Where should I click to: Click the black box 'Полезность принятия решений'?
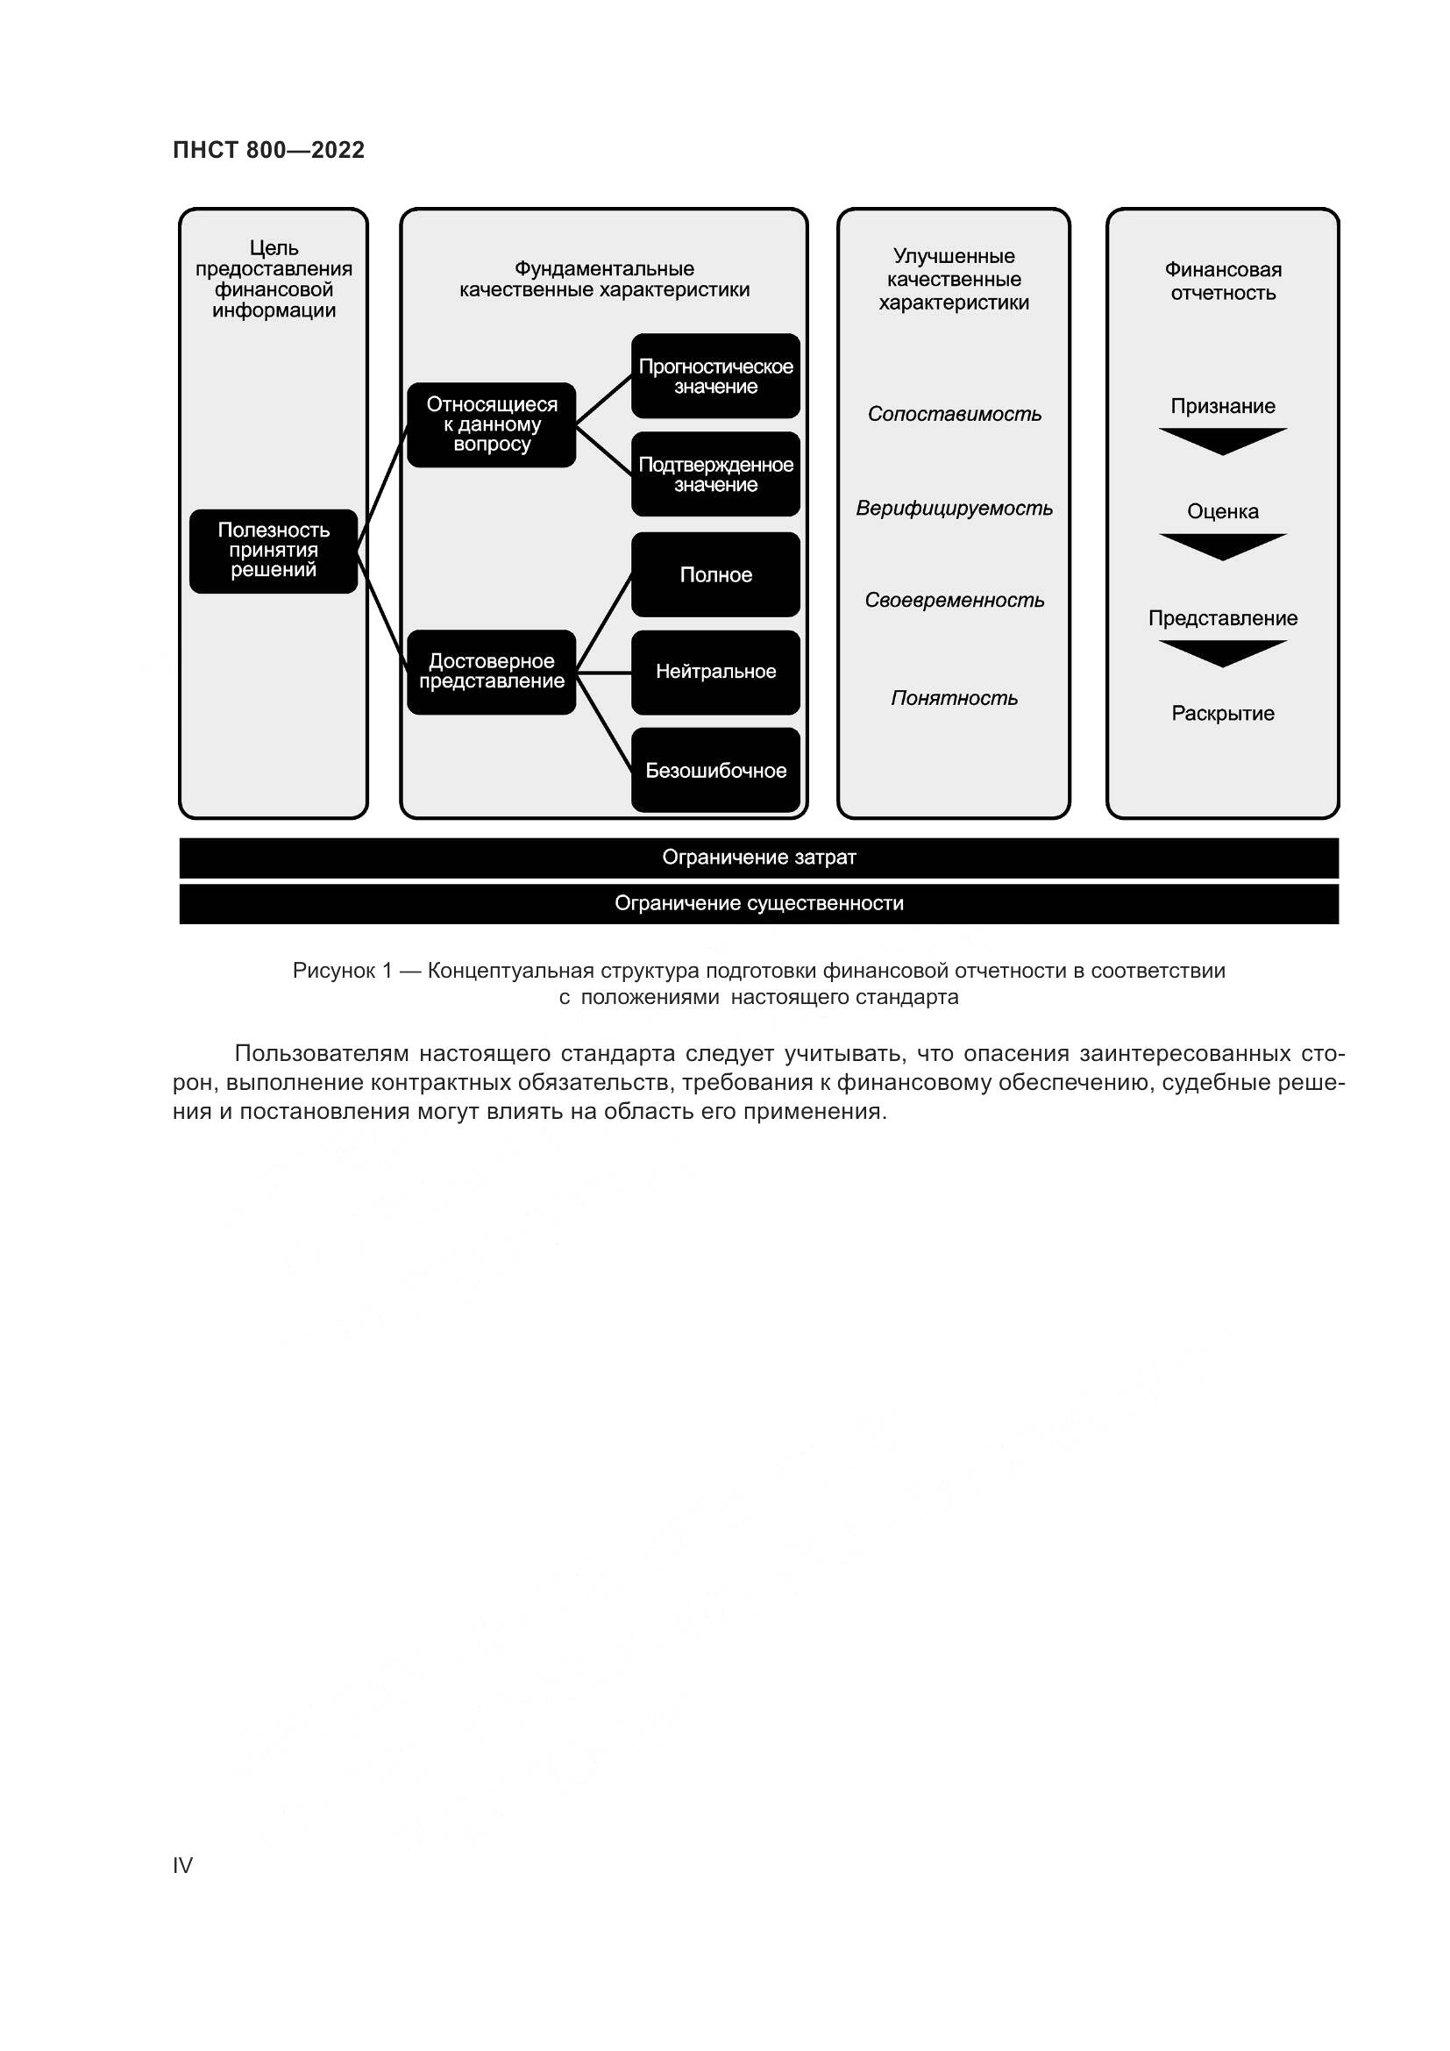click(x=274, y=552)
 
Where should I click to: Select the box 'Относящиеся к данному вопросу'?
click(x=491, y=424)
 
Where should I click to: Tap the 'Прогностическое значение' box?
click(x=715, y=376)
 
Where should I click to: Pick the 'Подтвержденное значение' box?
click(x=715, y=474)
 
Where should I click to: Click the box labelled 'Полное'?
click(x=715, y=574)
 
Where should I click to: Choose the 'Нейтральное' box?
click(x=715, y=672)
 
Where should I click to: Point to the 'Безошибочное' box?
click(x=715, y=770)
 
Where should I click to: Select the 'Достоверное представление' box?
click(x=491, y=672)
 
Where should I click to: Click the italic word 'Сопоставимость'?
click(x=954, y=415)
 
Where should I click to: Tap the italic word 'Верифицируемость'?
click(x=954, y=509)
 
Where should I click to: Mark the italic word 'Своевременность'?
click(x=954, y=601)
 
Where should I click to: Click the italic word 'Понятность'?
click(x=954, y=699)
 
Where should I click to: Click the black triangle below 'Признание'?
click(x=1222, y=440)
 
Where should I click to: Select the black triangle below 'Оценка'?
click(x=1222, y=545)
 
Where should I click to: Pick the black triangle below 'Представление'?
click(x=1222, y=652)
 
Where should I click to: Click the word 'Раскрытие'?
click(x=1222, y=714)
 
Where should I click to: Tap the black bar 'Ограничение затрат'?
click(x=759, y=858)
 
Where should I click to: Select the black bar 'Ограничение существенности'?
click(x=759, y=904)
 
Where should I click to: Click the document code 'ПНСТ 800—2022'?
click(x=269, y=150)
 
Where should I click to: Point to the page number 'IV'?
click(x=182, y=1865)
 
